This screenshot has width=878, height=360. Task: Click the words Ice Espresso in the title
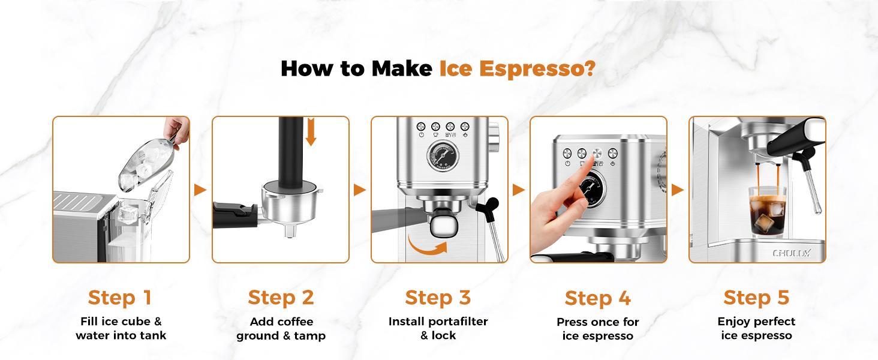[x=517, y=68]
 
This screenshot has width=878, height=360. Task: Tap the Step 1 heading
[x=120, y=298]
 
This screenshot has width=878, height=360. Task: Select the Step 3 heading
[x=438, y=298]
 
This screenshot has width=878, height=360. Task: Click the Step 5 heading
[x=756, y=298]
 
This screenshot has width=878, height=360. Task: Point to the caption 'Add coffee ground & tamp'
[x=281, y=329]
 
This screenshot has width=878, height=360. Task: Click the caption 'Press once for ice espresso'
[x=597, y=329]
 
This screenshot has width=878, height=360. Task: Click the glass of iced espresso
[x=768, y=212]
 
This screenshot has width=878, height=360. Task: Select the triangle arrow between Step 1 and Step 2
[x=200, y=190]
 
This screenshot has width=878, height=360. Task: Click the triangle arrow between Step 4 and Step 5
[x=677, y=190]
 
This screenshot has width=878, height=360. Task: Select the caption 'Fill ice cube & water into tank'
[x=121, y=329]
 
